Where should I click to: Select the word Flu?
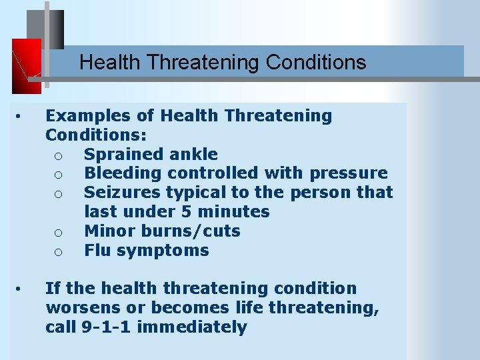(x=97, y=251)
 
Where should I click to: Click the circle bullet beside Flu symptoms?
(x=59, y=252)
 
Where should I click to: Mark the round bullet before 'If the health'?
(x=21, y=289)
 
